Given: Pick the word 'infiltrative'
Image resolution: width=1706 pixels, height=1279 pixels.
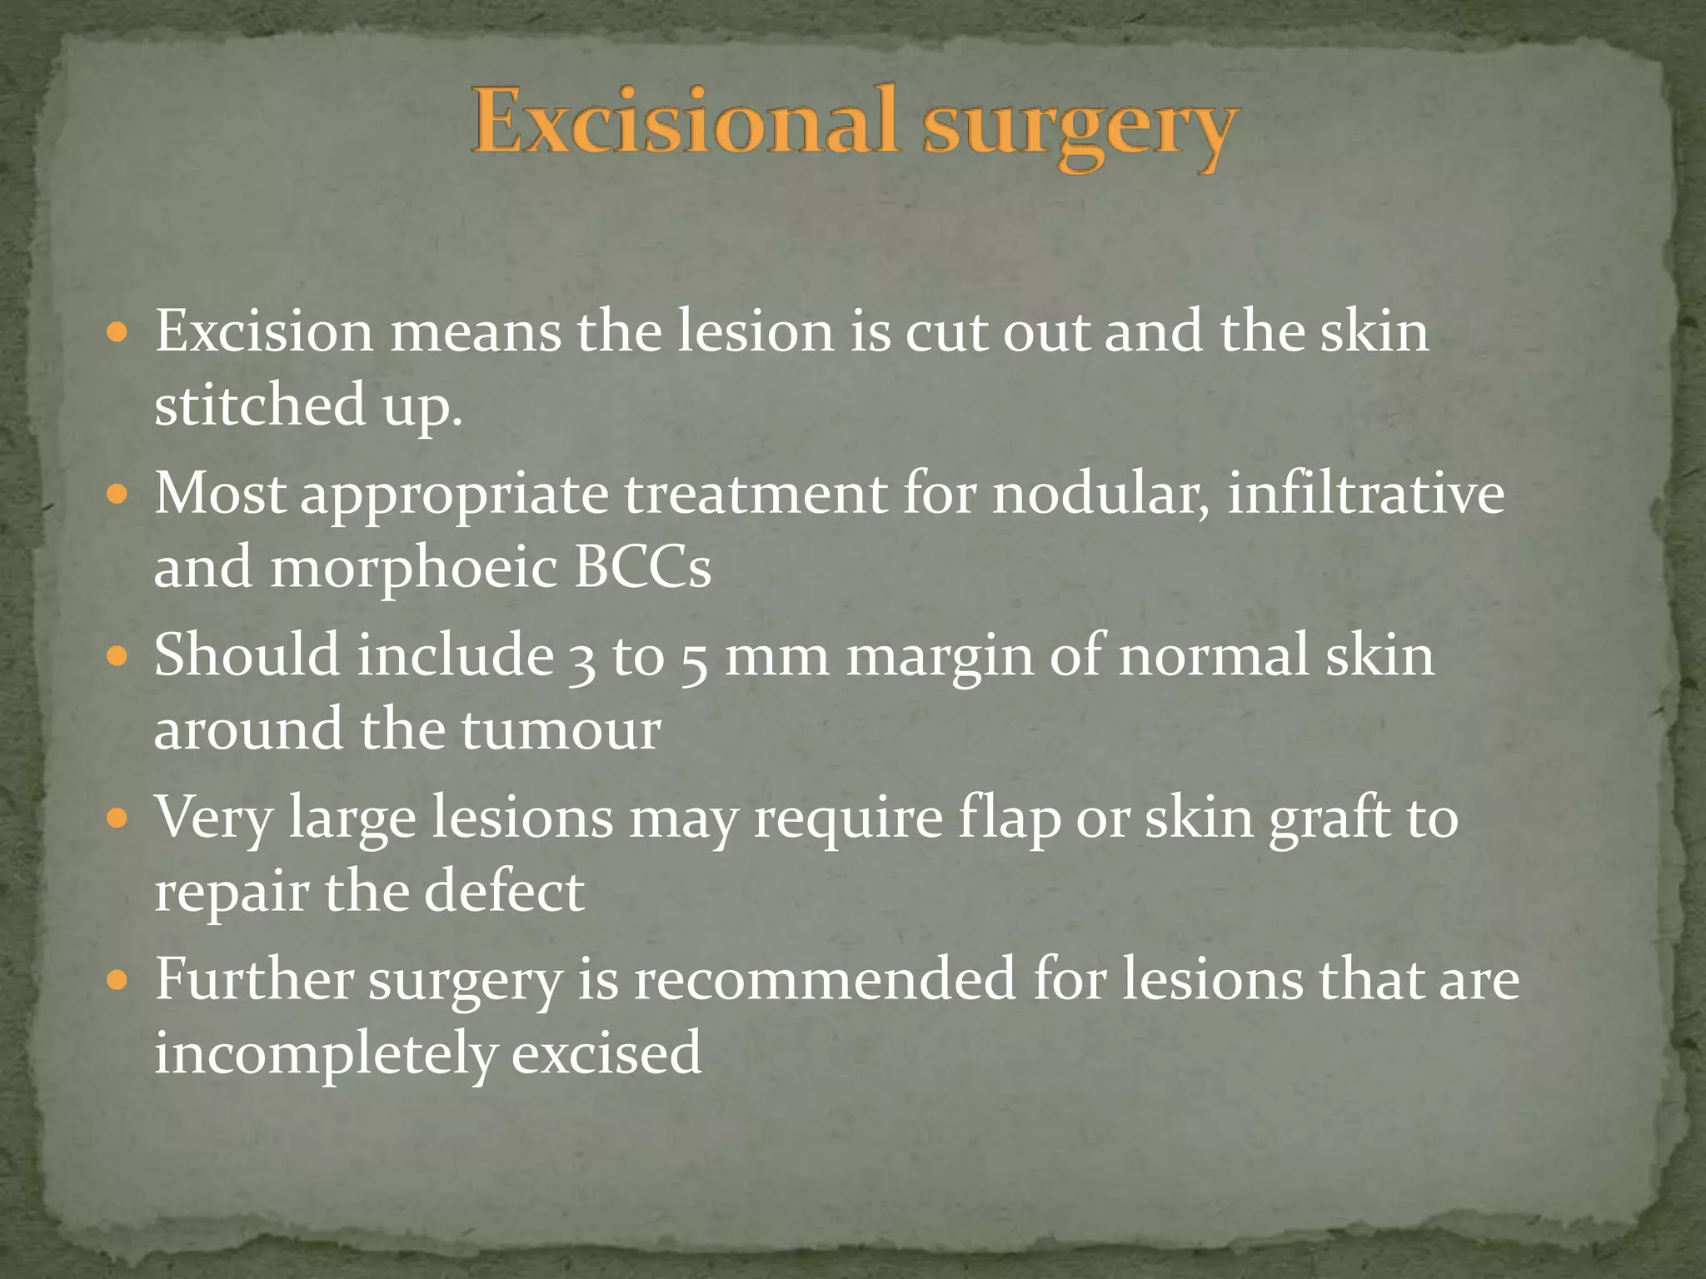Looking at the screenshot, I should tap(1366, 495).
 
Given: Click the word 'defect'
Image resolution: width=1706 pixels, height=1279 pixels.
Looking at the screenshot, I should tap(504, 891).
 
